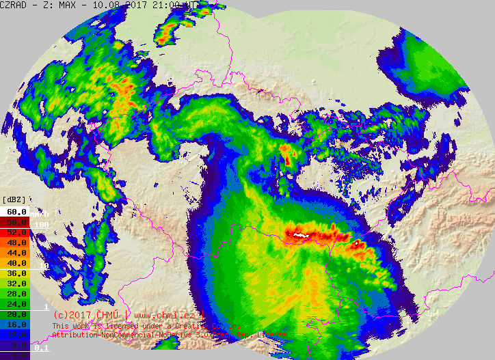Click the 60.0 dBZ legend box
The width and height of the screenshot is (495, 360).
(x=14, y=212)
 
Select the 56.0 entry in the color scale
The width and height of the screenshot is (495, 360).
(x=14, y=222)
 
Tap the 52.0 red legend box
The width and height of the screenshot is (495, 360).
(x=14, y=232)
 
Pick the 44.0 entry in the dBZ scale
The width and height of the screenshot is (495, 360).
(x=14, y=253)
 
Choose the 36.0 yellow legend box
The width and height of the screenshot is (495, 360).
(x=14, y=273)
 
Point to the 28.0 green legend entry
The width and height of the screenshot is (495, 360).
(x=14, y=294)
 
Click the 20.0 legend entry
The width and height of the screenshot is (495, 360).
(x=14, y=314)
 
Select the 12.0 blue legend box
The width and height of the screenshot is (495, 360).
(x=14, y=335)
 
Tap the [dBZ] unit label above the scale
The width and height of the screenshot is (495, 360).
(x=14, y=199)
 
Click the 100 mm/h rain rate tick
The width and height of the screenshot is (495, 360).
(x=42, y=224)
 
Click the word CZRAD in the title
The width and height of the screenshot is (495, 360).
(x=13, y=5)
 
